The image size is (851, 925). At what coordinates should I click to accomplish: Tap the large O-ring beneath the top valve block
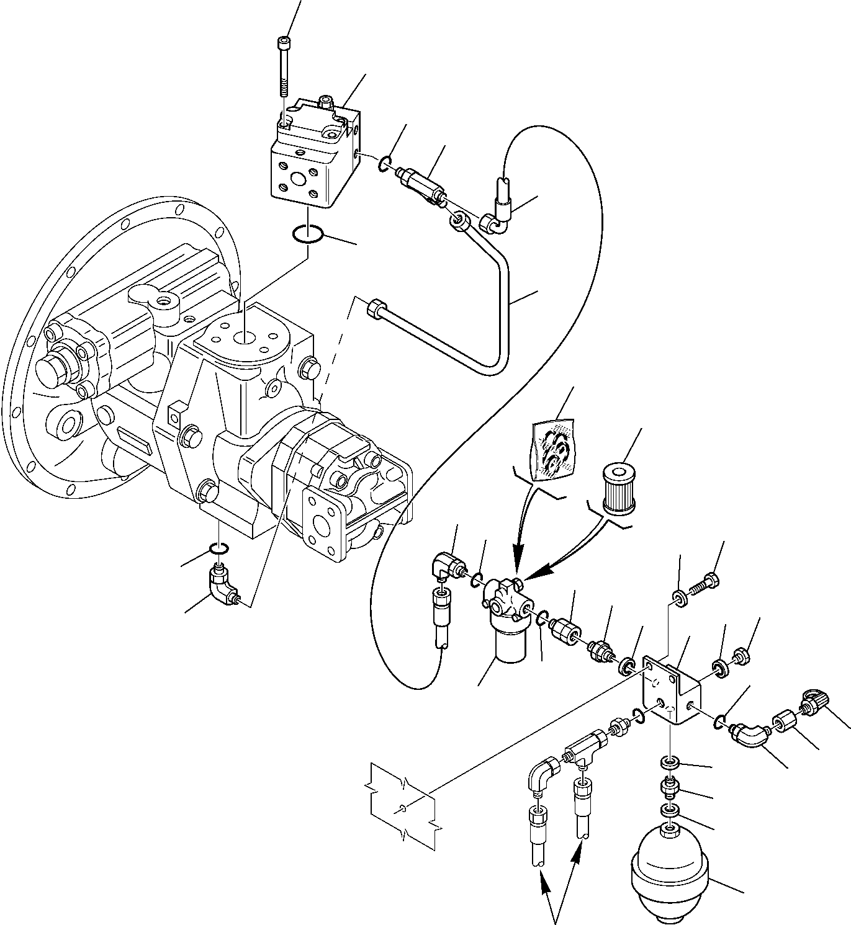click(307, 235)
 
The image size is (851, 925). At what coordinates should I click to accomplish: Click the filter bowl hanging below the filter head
click(510, 645)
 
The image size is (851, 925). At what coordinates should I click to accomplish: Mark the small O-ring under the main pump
click(219, 548)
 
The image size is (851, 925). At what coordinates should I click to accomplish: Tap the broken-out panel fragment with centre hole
click(403, 807)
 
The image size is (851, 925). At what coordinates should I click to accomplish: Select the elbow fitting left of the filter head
click(446, 565)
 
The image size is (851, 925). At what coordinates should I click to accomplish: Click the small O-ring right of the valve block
click(385, 163)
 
